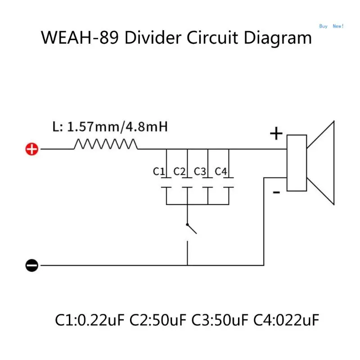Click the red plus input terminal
coord(31,149)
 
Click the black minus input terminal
coord(31,265)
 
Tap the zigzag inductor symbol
coord(105,144)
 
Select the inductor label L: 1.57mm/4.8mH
coord(110,127)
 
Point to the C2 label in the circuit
coord(180,171)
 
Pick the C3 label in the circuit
coord(200,171)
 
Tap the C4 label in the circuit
coord(221,171)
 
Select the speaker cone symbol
coord(320,162)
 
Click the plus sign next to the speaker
coord(276,134)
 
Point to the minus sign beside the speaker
coord(276,193)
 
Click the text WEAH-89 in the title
coord(80,38)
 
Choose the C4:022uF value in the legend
coord(286,320)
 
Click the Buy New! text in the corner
coord(331,26)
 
